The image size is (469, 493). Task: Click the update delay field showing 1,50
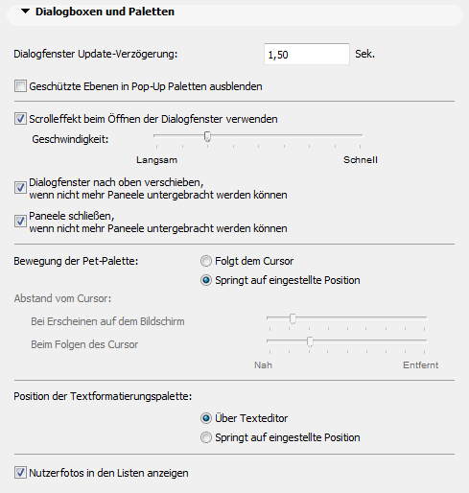(307, 55)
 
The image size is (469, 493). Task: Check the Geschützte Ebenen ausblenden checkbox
(21, 86)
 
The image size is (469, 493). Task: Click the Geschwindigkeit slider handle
(208, 137)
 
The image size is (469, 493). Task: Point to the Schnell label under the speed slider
(362, 159)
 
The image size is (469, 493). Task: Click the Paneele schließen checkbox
(21, 221)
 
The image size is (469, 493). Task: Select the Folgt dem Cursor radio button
(206, 261)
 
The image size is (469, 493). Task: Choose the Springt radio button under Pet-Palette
(206, 280)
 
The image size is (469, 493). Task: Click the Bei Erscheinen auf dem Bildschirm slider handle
(293, 318)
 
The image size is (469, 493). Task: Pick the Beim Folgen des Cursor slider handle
(310, 341)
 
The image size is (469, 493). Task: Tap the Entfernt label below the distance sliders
(420, 365)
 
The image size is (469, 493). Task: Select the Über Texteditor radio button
(206, 418)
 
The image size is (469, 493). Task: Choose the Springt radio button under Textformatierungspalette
(206, 437)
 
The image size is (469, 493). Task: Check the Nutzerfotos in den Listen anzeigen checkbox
(21, 472)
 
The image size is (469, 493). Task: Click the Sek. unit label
(365, 55)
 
